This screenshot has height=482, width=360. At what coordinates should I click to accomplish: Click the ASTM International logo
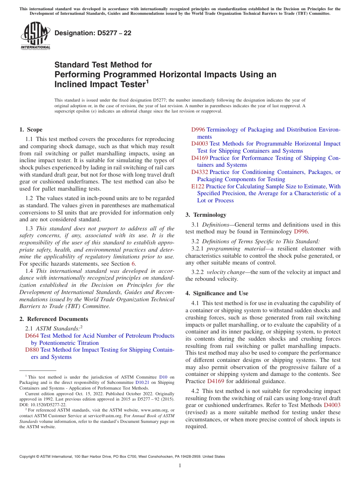click(x=35, y=36)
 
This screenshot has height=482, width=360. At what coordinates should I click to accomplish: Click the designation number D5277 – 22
click(x=93, y=33)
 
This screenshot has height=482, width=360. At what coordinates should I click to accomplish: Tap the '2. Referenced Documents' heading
click(x=53, y=319)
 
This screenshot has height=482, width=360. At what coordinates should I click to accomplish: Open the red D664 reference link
click(x=32, y=336)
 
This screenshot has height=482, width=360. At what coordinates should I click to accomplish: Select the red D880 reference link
click(x=32, y=350)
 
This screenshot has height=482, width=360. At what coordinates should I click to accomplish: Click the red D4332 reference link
click(x=200, y=172)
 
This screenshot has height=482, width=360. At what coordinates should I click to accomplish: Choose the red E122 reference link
click(x=198, y=186)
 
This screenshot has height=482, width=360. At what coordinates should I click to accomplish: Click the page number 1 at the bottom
click(x=180, y=466)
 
